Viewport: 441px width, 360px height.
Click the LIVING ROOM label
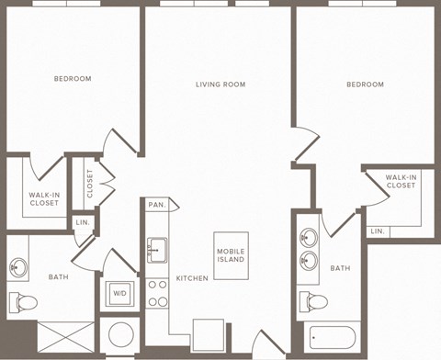click(x=220, y=84)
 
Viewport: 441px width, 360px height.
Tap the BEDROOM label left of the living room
click(x=73, y=79)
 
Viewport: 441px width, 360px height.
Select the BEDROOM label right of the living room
click(x=365, y=84)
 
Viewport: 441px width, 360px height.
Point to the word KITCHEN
click(x=190, y=277)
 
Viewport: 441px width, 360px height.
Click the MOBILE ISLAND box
click(x=231, y=255)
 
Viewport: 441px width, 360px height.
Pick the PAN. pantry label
click(x=157, y=205)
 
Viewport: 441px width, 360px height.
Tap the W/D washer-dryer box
click(x=119, y=293)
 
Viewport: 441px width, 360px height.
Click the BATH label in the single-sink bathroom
click(x=59, y=276)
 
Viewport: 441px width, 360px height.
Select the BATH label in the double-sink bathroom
click(x=340, y=268)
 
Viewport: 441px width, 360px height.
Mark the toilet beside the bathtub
click(x=316, y=301)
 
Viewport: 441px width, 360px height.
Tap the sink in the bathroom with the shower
click(x=18, y=268)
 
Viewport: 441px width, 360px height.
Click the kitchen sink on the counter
click(x=157, y=247)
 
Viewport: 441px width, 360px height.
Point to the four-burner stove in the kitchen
click(x=157, y=291)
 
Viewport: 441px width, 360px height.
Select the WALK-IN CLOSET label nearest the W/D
click(x=44, y=199)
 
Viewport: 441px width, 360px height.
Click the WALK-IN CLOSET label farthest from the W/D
click(x=401, y=181)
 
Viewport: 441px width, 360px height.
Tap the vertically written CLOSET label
click(x=90, y=183)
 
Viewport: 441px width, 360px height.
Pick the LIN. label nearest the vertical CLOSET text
click(x=82, y=223)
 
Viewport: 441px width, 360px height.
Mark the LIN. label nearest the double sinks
click(x=378, y=231)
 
